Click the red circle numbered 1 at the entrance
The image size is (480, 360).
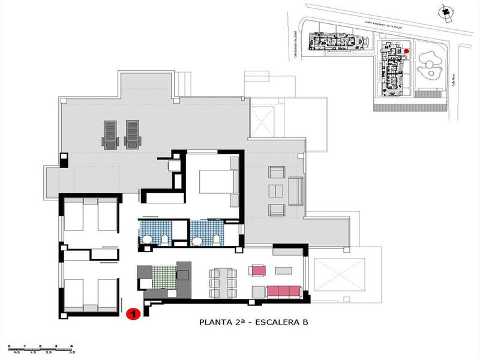point(134,313)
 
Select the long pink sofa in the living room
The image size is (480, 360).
point(284,291)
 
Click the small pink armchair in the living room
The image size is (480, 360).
point(258,269)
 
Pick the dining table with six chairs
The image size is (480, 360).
point(224,281)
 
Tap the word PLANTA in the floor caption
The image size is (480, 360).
point(218,323)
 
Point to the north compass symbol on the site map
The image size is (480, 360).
point(445,12)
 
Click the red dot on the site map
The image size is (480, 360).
point(406,52)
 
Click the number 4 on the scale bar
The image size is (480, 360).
point(71,347)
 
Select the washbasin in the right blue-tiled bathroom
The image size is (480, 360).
point(197,241)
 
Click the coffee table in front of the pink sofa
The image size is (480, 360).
point(282,270)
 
